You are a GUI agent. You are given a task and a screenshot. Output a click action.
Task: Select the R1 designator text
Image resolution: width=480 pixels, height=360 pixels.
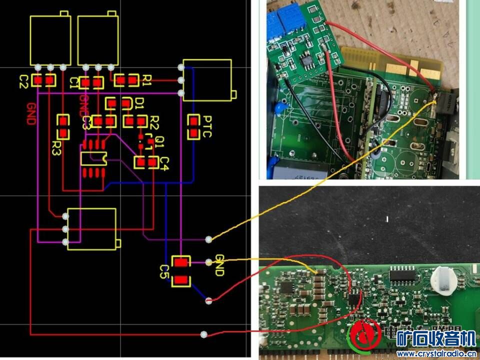[147, 79]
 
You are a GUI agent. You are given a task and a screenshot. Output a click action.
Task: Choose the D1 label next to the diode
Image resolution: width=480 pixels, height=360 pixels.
[139, 103]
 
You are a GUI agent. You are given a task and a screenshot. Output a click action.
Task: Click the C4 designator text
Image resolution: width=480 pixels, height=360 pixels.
[165, 162]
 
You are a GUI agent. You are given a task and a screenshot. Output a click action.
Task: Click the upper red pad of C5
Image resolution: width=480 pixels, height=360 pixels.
[181, 262]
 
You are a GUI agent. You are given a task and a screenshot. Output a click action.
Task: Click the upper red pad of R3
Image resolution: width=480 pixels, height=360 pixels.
[63, 120]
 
